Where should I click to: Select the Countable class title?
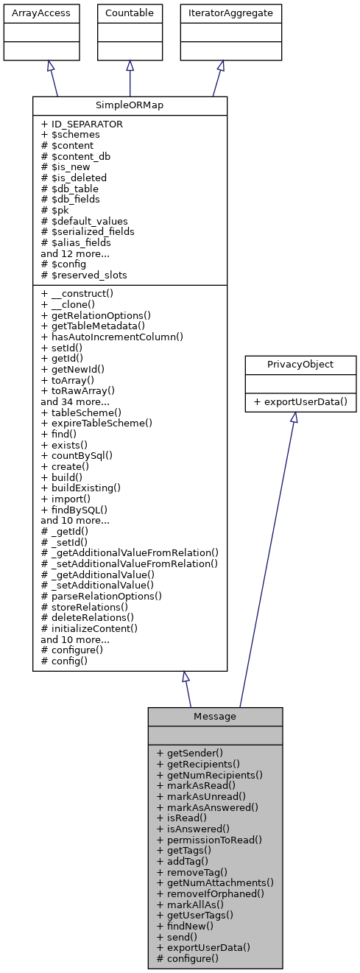[x=130, y=13]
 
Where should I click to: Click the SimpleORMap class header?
[x=130, y=105]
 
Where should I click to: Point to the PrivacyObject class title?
[x=293, y=364]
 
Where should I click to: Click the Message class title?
[x=215, y=717]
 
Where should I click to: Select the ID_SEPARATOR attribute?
[x=82, y=124]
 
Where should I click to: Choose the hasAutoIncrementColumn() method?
[x=112, y=336]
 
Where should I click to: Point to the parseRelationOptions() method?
[x=102, y=595]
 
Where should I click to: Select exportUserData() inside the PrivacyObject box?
[x=293, y=401]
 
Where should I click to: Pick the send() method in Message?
[x=177, y=936]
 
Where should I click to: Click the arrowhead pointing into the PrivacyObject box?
[x=293, y=418]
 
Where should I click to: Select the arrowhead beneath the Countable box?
[x=130, y=66]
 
